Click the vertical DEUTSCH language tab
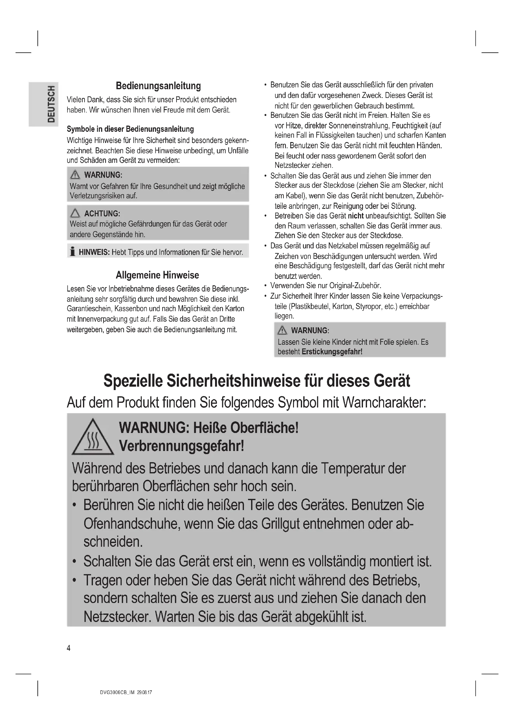click(x=51, y=104)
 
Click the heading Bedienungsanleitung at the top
click(x=158, y=86)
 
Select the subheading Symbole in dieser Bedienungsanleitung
click(x=130, y=129)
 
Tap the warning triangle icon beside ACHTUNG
click(x=75, y=213)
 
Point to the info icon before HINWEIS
click(x=73, y=252)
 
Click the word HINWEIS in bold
click(x=94, y=252)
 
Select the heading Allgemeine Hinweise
click(x=157, y=275)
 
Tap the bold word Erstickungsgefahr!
click(x=332, y=352)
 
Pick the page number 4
click(x=69, y=648)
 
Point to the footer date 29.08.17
click(x=145, y=692)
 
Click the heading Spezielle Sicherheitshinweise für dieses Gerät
click(x=257, y=381)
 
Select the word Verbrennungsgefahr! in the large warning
click(x=181, y=446)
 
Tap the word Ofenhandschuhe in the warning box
click(x=132, y=524)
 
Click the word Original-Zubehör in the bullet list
click(x=355, y=286)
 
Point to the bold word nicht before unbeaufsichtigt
click(x=356, y=216)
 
